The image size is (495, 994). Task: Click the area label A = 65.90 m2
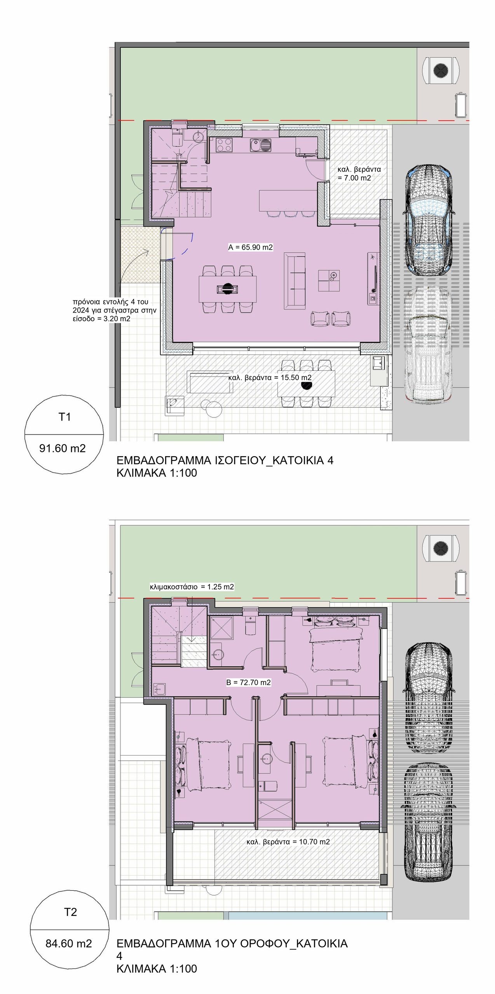(251, 247)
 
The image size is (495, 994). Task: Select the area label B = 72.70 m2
(249, 682)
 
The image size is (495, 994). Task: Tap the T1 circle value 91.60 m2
(63, 448)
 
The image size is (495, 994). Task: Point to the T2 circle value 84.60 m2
(69, 943)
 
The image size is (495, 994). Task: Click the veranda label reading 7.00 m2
(359, 174)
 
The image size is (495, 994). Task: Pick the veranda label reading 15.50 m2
(270, 377)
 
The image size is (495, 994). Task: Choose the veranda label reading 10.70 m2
(288, 842)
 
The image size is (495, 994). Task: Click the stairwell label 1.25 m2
(192, 587)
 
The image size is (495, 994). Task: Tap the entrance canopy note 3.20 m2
(115, 310)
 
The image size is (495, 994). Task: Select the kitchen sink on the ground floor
(261, 145)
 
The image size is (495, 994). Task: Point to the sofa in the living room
(295, 281)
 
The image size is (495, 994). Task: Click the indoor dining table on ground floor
(228, 289)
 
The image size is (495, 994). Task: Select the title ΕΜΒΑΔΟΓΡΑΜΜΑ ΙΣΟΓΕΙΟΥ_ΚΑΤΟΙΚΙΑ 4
(225, 461)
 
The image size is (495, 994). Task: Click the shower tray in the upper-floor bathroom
(222, 628)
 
